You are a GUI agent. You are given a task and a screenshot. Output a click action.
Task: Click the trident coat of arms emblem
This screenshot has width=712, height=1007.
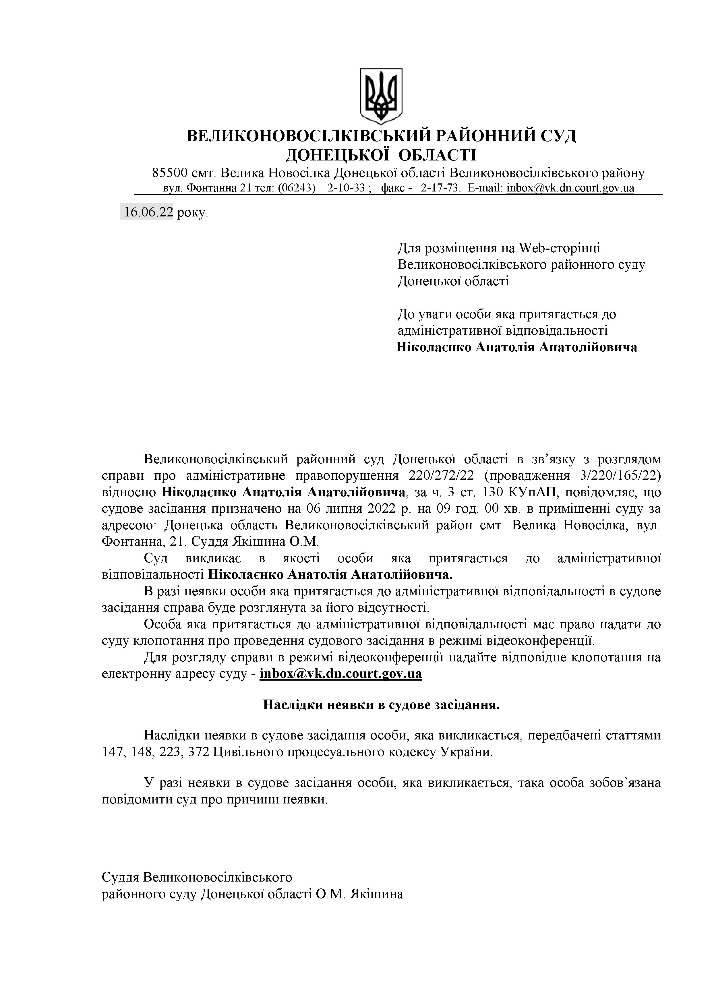[x=381, y=95]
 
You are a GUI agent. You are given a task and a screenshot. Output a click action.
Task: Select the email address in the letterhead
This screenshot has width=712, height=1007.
[x=570, y=188]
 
